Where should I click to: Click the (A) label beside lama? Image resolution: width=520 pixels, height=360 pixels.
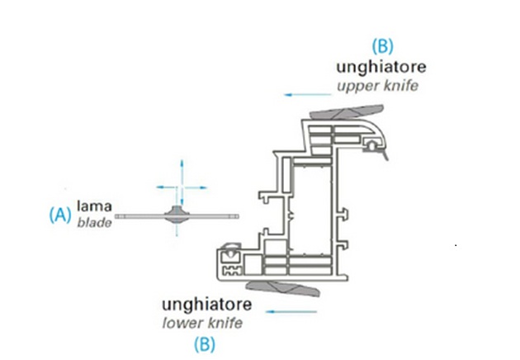coord(60,215)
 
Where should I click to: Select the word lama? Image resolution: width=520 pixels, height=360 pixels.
coord(94,206)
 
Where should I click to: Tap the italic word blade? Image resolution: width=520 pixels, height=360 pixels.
coord(94,223)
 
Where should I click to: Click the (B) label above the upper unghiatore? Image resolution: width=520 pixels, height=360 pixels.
coord(382,46)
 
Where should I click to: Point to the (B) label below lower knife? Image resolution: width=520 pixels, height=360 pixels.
coord(205,344)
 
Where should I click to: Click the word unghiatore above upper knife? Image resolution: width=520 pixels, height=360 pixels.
coord(381,68)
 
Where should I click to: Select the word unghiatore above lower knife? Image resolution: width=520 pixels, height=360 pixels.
coord(206,305)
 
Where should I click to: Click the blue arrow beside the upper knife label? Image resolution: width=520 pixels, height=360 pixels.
coord(307,95)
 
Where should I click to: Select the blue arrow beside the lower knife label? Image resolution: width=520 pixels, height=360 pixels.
coord(291,311)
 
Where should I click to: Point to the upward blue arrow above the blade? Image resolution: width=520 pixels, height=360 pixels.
coord(182,173)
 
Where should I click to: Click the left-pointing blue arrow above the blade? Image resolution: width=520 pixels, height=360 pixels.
coord(166,187)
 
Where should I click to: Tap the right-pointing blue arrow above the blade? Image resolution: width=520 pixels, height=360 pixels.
coord(196,187)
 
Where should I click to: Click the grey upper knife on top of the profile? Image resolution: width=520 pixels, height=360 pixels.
coord(347,111)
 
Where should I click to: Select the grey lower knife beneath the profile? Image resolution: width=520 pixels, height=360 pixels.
coord(283,288)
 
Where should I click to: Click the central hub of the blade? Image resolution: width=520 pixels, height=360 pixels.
coord(177,216)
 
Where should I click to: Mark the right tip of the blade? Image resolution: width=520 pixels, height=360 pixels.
coord(239,216)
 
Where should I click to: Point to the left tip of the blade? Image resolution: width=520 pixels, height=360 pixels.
coord(116,216)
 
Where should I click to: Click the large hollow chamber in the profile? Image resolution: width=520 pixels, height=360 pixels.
coord(313,210)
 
